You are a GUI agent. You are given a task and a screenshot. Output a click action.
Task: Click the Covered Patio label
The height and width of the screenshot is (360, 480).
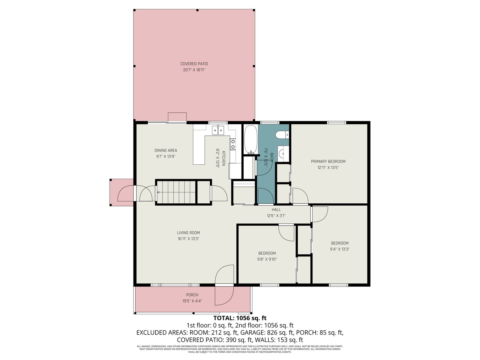tap(194, 64)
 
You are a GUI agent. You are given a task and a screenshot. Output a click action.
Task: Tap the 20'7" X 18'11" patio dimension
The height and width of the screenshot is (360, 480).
tap(194, 70)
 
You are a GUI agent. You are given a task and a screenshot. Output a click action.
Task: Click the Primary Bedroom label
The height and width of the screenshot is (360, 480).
tap(328, 161)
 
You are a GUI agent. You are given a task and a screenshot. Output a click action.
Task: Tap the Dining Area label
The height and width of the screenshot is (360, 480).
tap(166, 150)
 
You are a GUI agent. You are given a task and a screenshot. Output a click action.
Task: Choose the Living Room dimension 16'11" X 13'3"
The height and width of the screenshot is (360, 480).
tap(188, 239)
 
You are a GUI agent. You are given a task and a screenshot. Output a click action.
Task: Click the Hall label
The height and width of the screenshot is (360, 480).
tap(276, 210)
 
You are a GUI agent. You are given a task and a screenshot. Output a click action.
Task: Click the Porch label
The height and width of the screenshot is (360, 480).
tap(192, 295)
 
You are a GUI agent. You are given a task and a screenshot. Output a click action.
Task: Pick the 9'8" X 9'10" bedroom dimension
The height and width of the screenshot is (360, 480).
tap(267, 259)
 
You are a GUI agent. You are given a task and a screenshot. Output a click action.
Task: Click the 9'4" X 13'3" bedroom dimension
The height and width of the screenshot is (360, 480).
tap(340, 249)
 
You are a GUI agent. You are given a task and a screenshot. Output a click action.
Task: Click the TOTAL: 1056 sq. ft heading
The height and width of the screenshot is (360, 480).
tap(240, 318)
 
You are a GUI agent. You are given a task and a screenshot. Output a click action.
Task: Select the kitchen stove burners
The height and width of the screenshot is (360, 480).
tap(233, 144)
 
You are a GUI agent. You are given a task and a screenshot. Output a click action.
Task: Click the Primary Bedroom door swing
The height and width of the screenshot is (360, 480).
tap(300, 196)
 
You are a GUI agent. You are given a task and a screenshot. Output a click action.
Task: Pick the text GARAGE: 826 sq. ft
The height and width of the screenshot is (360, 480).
tap(267, 332)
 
